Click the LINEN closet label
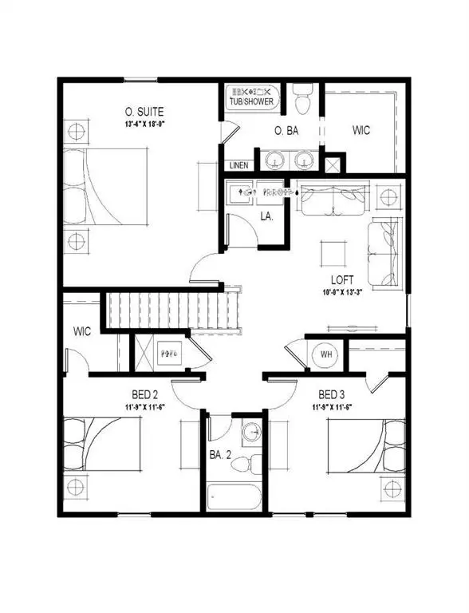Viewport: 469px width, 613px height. tap(238, 165)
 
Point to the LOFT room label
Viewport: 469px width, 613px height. tap(343, 280)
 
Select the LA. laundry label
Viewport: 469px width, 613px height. tap(266, 216)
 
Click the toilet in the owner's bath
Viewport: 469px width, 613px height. tap(301, 101)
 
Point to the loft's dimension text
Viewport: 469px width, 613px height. tap(342, 292)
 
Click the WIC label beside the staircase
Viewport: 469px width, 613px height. tap(83, 330)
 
